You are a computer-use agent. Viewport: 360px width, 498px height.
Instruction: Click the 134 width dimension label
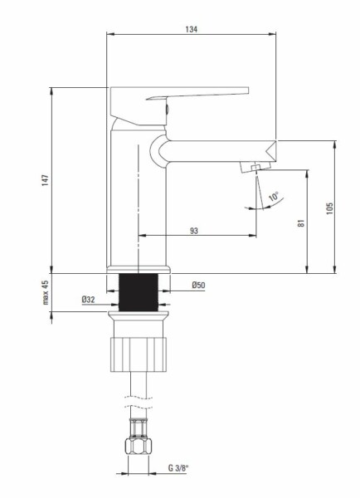click(x=191, y=29)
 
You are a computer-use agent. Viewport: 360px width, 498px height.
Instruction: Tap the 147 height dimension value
click(x=46, y=180)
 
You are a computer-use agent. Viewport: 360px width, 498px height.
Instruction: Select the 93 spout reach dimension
click(x=193, y=231)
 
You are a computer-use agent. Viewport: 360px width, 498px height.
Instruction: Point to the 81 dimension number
click(x=301, y=223)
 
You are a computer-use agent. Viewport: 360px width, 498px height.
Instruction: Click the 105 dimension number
click(x=329, y=208)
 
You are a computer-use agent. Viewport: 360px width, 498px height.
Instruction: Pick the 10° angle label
click(x=274, y=196)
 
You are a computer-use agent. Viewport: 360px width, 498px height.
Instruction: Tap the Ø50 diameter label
click(x=198, y=286)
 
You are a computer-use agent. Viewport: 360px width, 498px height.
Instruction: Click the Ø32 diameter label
click(x=88, y=300)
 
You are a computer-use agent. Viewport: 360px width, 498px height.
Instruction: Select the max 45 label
click(x=46, y=292)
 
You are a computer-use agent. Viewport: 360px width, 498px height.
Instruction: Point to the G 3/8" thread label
click(x=178, y=468)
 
